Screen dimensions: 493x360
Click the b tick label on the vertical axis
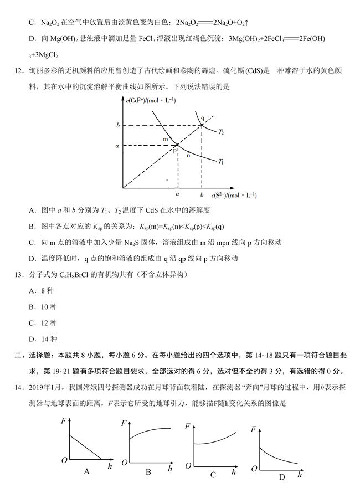118,126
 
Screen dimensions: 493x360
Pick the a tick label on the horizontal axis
177,195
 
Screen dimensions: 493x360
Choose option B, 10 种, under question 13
43,306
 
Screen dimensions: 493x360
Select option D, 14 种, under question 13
43,339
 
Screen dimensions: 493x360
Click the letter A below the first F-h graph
86,471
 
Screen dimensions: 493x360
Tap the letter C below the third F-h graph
213,474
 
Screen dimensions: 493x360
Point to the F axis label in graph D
253,429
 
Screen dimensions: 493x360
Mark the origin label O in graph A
64,460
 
